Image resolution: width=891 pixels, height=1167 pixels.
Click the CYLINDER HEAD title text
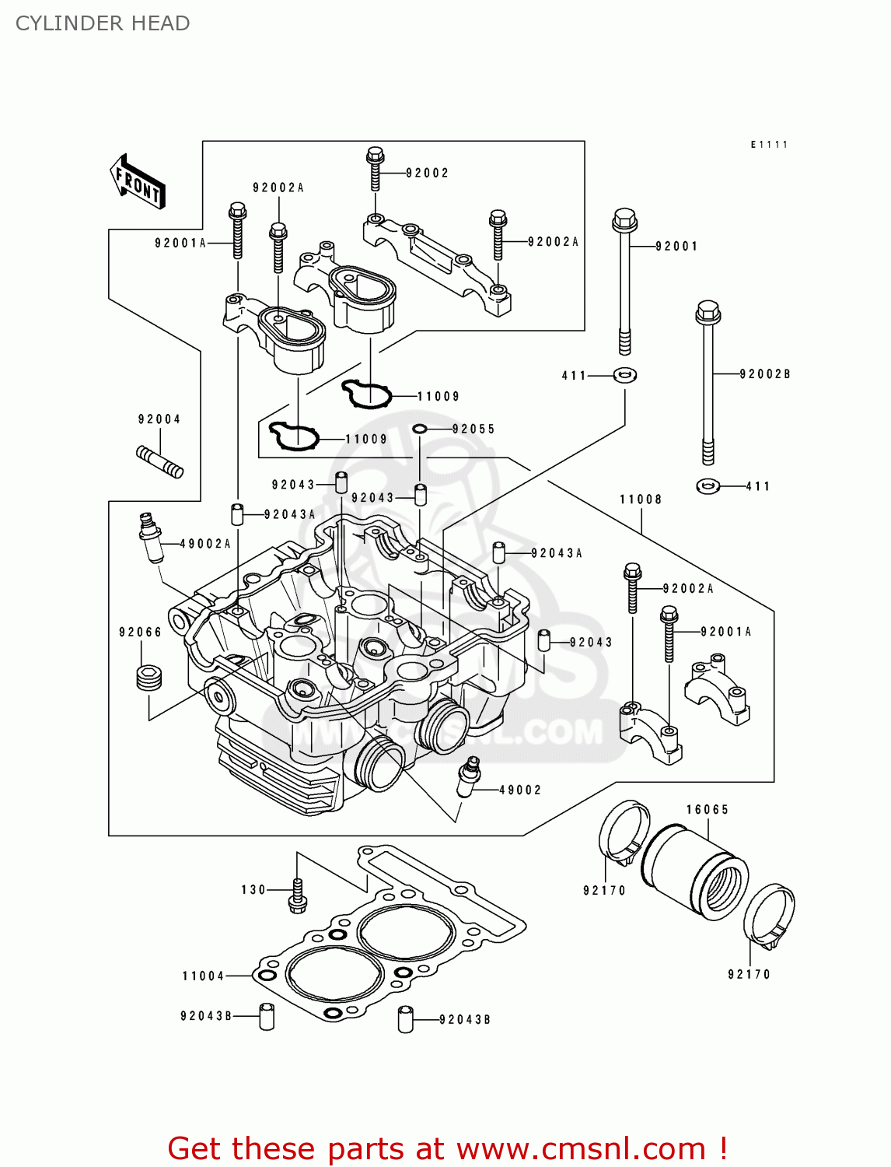pos(103,23)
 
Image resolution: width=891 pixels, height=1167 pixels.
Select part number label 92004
pos(159,419)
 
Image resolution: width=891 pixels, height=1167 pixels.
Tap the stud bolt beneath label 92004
pos(159,461)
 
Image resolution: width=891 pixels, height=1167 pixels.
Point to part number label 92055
pos(473,429)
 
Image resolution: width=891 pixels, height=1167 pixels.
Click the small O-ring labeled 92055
pos(420,429)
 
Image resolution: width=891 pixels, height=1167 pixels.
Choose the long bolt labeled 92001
pos(625,280)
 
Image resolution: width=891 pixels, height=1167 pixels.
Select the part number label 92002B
pos(764,374)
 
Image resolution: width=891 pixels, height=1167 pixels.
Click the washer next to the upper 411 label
pos(625,376)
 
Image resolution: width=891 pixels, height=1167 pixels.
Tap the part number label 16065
pos(708,810)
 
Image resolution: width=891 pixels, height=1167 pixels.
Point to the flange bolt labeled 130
pos(297,892)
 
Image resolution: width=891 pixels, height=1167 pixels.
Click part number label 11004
pos(203,976)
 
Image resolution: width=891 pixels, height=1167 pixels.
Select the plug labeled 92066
pos(149,678)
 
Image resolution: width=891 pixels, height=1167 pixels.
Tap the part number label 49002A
pos(205,544)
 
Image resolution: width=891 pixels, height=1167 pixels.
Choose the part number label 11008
pos(641,499)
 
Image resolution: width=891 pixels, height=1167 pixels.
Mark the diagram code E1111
pos(769,145)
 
